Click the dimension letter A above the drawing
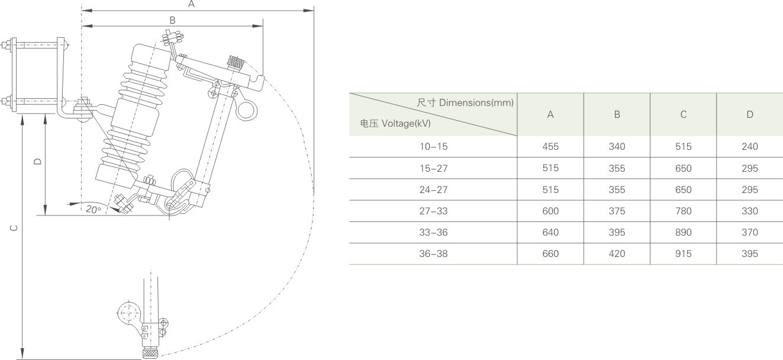(x=191, y=4)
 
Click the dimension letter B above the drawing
(x=172, y=20)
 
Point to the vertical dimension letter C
(x=14, y=228)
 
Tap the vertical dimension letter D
(x=38, y=161)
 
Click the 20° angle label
(x=93, y=209)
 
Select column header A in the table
(x=550, y=114)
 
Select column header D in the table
(x=750, y=114)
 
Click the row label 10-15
(x=433, y=147)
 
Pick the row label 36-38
(x=433, y=253)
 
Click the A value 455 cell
(x=550, y=147)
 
